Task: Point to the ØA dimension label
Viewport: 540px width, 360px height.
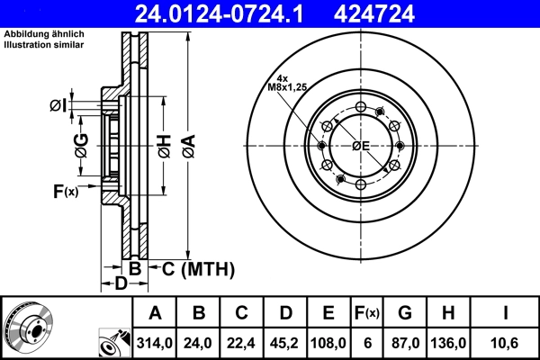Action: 187,142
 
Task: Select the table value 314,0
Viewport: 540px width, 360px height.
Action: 155,342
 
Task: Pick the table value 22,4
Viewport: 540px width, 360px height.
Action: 241,342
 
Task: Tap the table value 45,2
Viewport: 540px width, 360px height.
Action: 284,342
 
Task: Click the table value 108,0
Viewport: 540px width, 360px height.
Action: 328,342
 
